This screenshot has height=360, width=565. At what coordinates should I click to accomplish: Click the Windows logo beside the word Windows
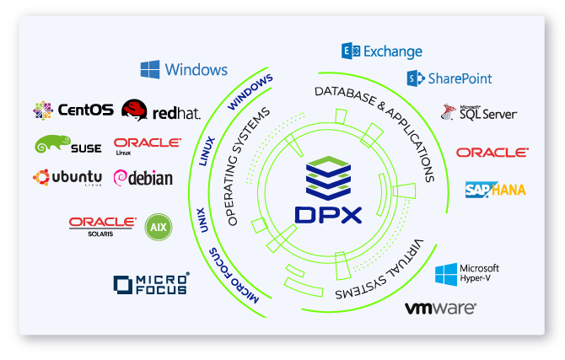click(x=151, y=69)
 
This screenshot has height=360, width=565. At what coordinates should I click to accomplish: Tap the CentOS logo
click(x=43, y=110)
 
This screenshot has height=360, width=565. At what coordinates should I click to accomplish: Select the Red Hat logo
click(x=134, y=110)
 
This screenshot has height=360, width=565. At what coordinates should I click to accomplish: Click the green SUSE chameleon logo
click(x=47, y=145)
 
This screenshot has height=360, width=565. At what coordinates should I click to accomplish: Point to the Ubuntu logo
click(x=40, y=177)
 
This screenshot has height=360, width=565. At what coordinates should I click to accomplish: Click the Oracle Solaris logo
click(x=103, y=224)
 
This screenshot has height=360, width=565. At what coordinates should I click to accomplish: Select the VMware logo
click(x=440, y=309)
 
